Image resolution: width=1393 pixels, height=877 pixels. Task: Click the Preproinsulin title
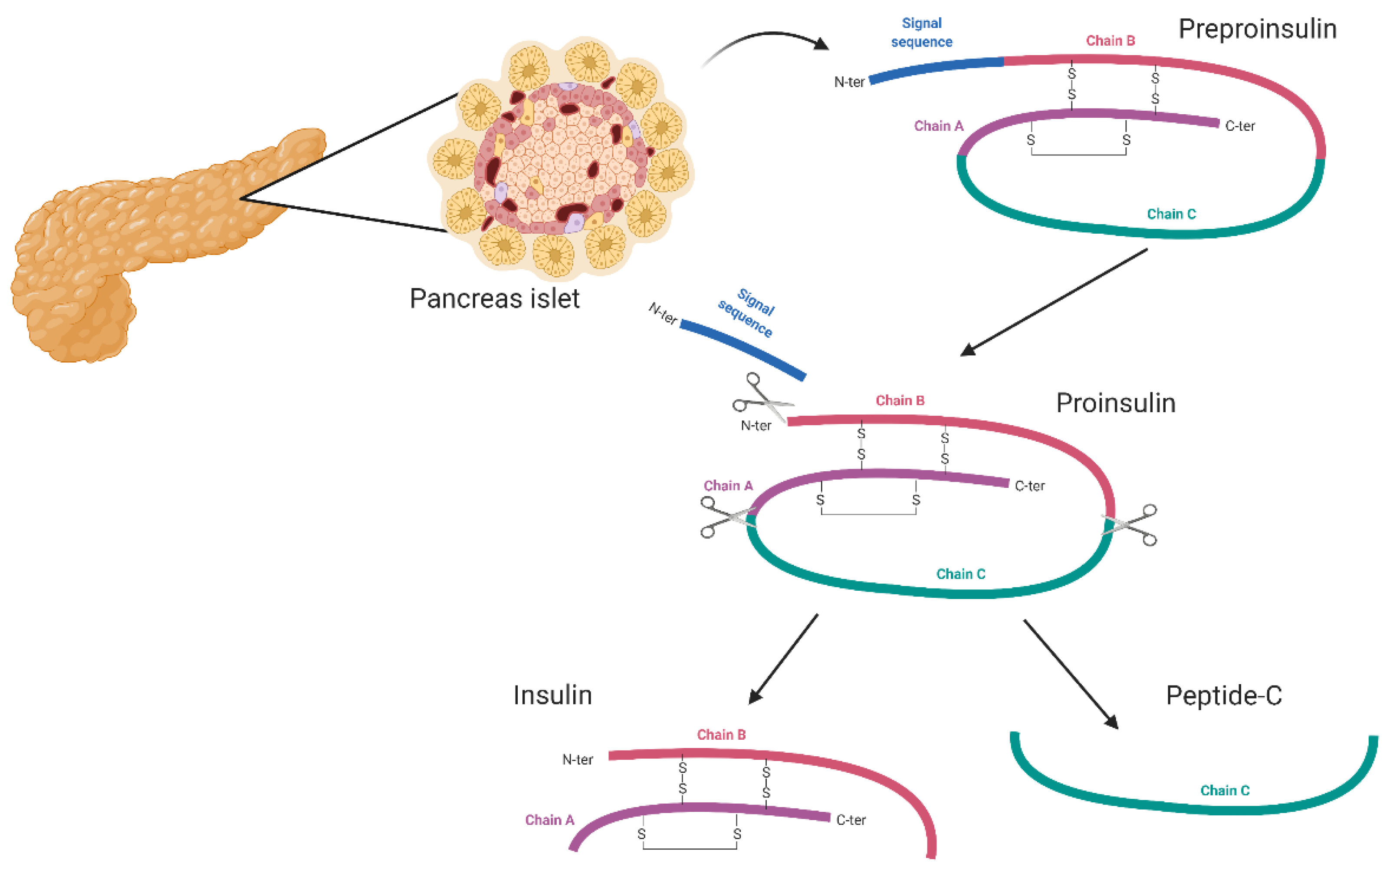click(1257, 29)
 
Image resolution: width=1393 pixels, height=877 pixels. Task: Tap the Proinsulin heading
click(1115, 403)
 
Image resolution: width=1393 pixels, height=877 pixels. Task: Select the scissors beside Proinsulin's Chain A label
click(726, 517)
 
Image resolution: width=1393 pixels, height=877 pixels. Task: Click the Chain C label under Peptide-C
click(1225, 791)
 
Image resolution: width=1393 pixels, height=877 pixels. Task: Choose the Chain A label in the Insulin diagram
click(549, 820)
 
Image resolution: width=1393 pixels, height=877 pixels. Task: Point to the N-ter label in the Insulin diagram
click(577, 759)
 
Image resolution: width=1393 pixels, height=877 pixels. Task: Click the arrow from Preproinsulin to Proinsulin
click(1053, 302)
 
